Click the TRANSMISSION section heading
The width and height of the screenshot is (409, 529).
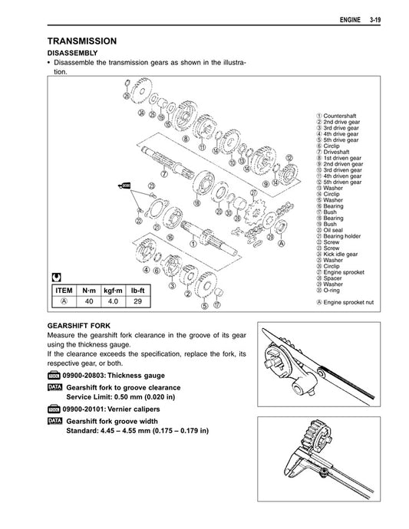[x=82, y=41]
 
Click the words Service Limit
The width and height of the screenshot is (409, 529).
[x=89, y=399]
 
